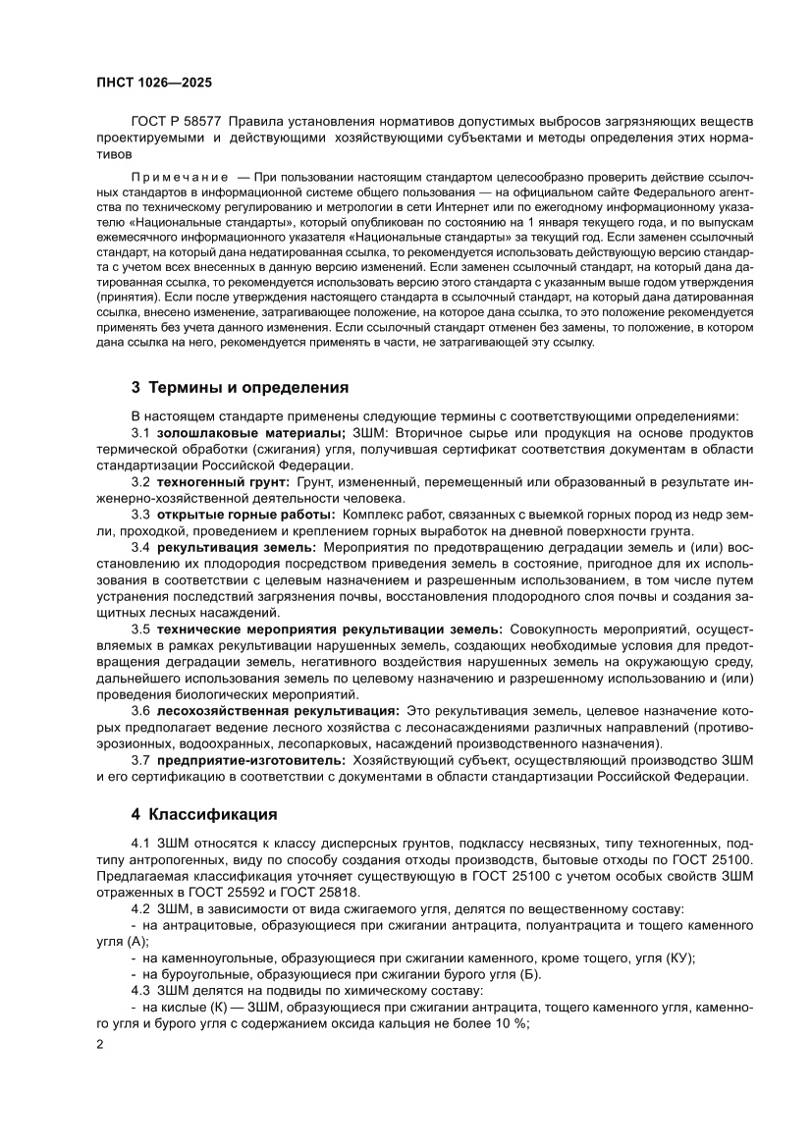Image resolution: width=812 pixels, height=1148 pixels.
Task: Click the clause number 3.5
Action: [139, 628]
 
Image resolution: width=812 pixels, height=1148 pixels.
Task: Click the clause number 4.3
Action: [139, 991]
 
